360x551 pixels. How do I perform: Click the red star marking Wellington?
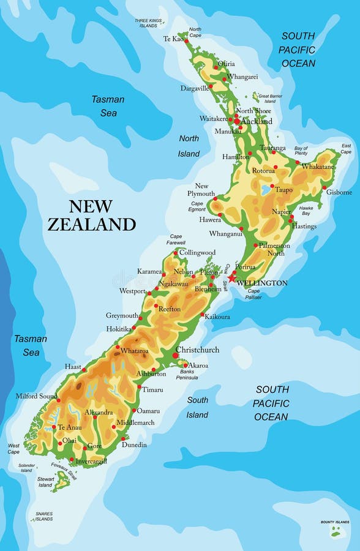(x=231, y=278)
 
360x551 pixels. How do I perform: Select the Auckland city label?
(x=257, y=121)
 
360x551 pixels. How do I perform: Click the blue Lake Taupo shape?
(x=266, y=190)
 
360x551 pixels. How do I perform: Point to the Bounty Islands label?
(x=335, y=522)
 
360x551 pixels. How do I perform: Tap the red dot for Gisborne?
(x=324, y=187)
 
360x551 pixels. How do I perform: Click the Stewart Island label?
(x=45, y=482)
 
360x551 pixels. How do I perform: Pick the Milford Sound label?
(x=37, y=396)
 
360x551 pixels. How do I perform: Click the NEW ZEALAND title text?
(x=91, y=216)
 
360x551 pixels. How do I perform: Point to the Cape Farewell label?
(x=176, y=239)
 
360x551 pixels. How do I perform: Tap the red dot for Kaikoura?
(x=202, y=315)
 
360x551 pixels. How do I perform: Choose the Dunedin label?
(x=134, y=444)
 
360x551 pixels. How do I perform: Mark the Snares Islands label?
(x=43, y=516)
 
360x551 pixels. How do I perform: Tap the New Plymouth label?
(x=205, y=190)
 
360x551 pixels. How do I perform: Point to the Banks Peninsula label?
(x=186, y=374)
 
